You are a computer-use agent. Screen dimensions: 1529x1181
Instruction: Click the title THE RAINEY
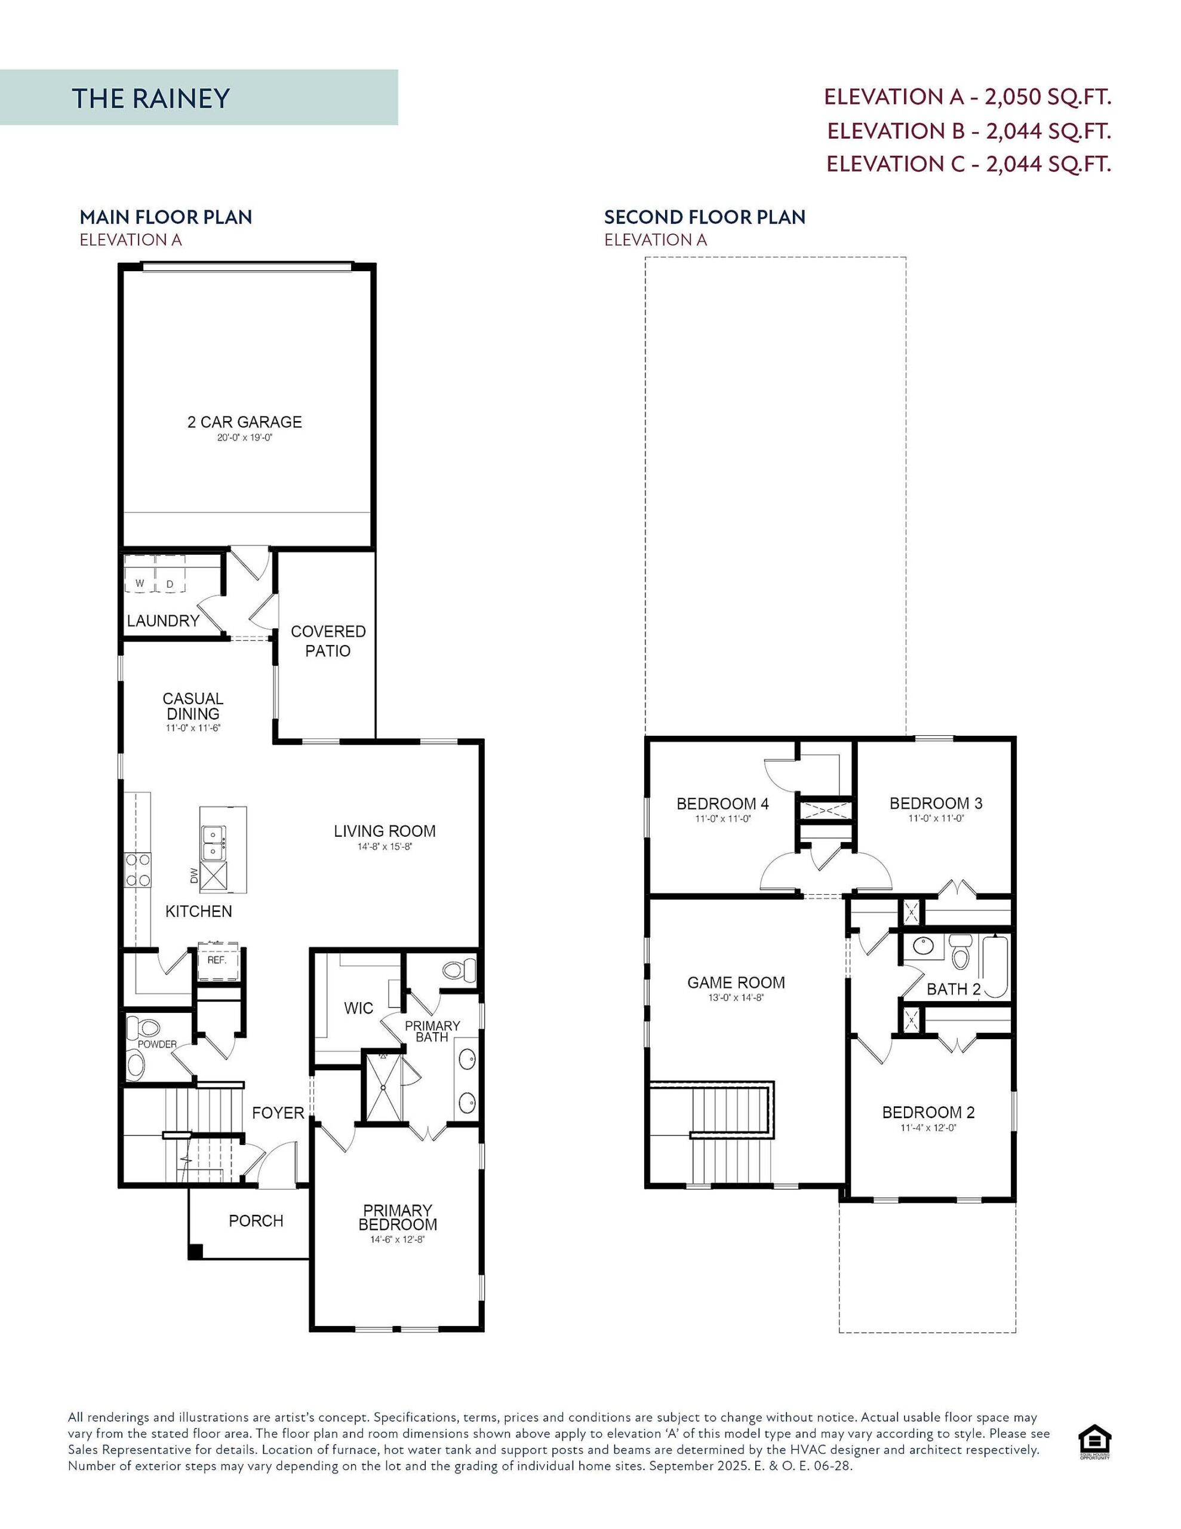click(x=150, y=98)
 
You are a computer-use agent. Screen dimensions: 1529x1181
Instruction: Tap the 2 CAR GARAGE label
click(x=244, y=422)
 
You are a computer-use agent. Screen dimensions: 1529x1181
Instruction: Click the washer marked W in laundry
click(x=139, y=583)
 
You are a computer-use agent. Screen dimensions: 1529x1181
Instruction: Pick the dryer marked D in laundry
click(x=170, y=583)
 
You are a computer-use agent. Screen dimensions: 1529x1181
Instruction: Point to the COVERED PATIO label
click(x=328, y=641)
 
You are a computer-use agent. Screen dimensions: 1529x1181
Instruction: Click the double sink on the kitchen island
click(x=214, y=843)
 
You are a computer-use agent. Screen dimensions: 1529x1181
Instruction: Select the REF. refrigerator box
click(x=217, y=960)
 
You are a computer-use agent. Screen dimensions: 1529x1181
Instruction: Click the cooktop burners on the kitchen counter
click(x=138, y=870)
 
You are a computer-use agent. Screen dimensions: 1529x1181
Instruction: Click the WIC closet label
click(x=358, y=1008)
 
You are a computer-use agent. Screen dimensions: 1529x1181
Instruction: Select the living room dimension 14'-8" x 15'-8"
click(x=385, y=846)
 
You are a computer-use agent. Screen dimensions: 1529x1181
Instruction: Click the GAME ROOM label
click(x=736, y=983)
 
